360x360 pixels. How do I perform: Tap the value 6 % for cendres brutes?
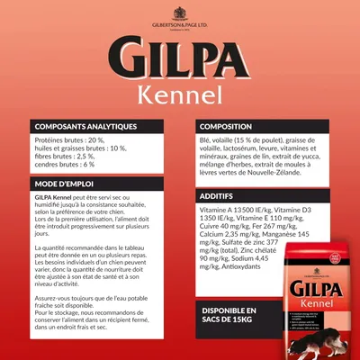pyautogui.click(x=85, y=166)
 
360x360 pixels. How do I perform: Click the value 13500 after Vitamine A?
pyautogui.click(x=247, y=209)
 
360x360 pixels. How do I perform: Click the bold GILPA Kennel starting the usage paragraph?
pyautogui.click(x=55, y=197)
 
